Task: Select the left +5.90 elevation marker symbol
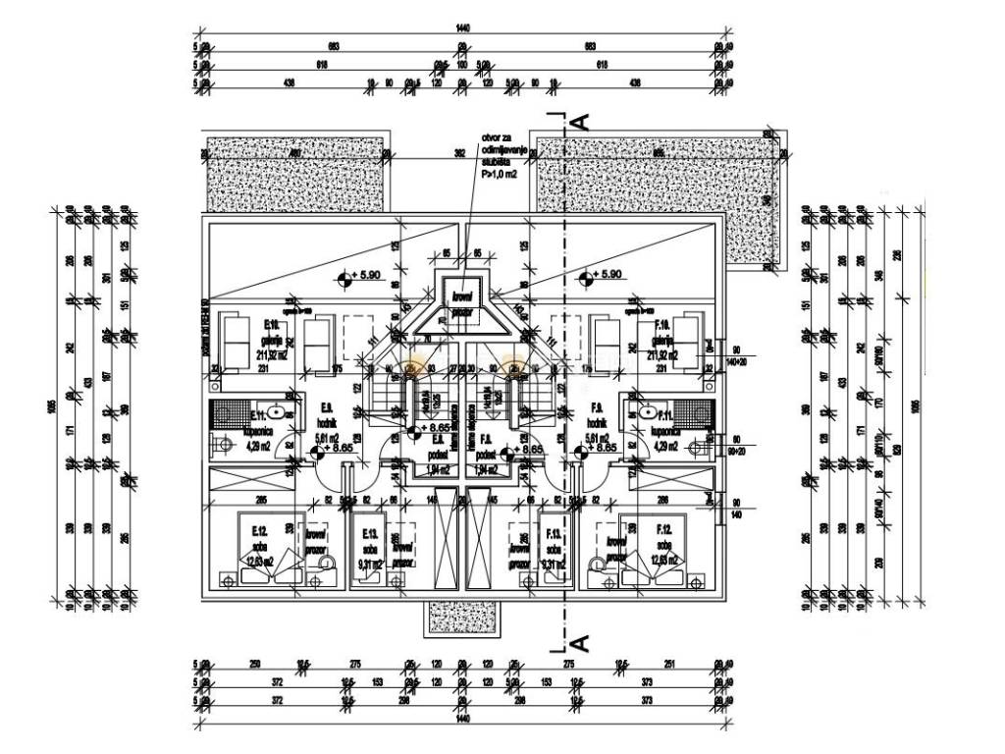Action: (344, 278)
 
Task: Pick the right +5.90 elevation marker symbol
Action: (586, 278)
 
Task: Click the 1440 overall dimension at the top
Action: (463, 29)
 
